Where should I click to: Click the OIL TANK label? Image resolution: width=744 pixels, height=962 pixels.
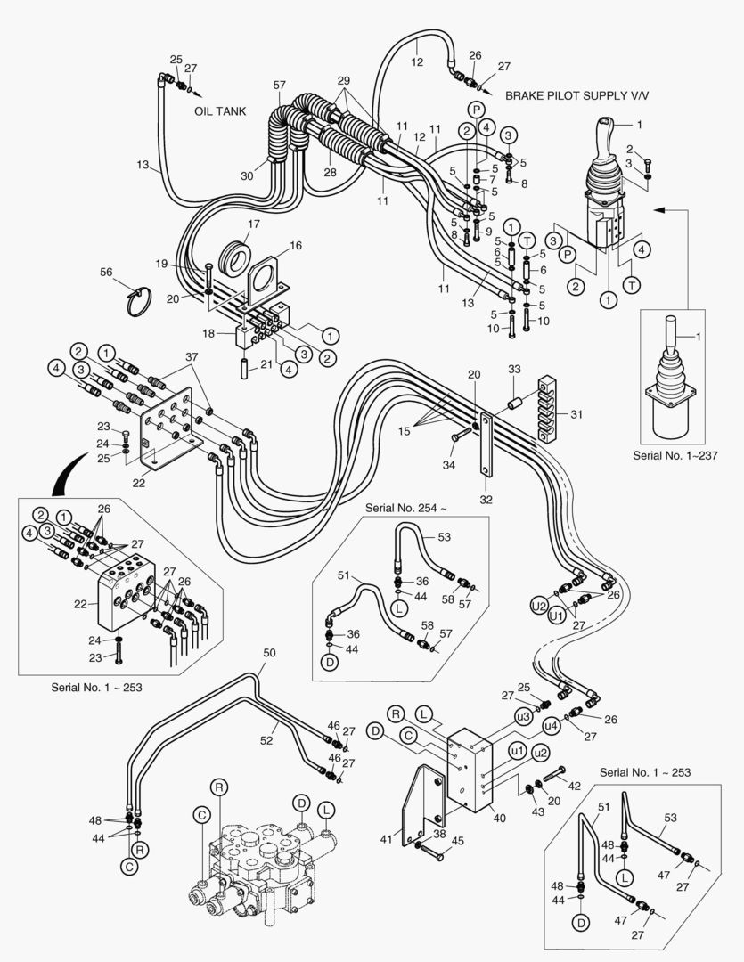coord(219,113)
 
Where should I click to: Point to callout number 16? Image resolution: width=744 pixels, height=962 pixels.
coord(294,245)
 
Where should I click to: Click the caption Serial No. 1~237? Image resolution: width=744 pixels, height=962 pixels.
coord(675,455)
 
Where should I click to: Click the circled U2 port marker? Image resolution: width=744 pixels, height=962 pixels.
coord(537,605)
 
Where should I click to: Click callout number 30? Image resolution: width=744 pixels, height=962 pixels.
coord(247,175)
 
